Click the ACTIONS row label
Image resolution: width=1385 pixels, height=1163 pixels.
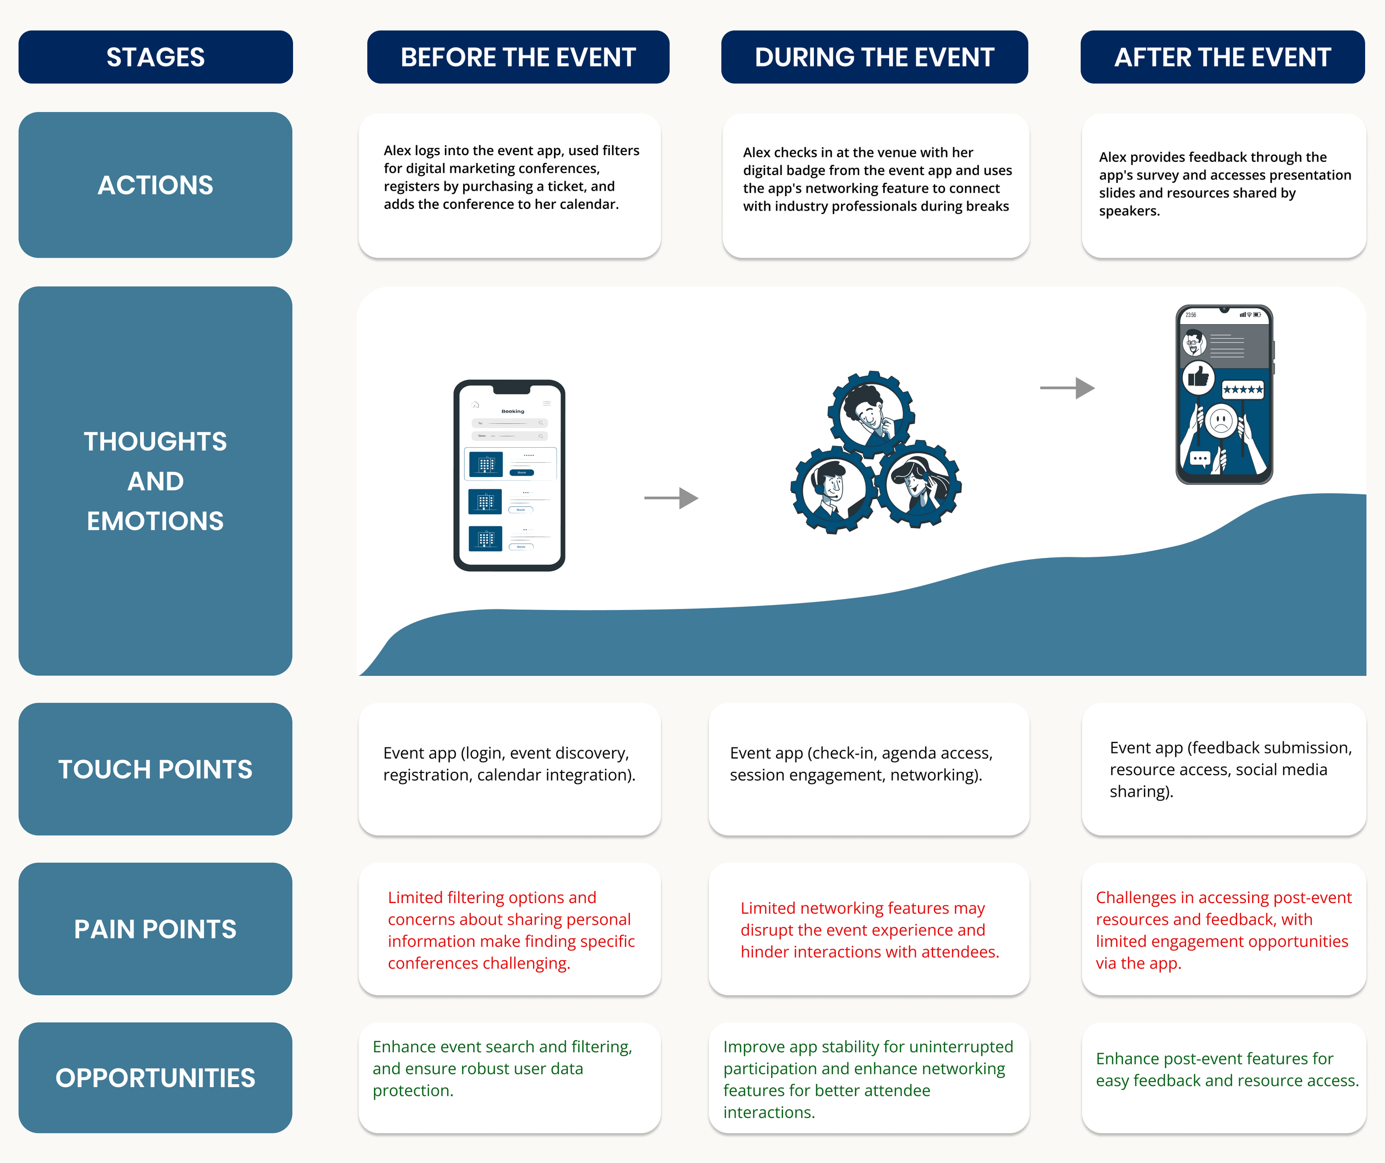155,185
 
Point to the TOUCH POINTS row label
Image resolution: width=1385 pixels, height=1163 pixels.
155,769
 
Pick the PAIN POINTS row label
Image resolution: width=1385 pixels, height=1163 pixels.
155,929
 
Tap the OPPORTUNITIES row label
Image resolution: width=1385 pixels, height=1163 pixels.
155,1078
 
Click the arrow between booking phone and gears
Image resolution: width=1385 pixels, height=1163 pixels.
671,498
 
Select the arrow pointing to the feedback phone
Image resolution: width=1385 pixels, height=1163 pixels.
1066,388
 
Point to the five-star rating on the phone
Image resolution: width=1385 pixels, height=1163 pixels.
1243,390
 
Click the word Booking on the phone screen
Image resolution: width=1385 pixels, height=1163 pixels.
512,411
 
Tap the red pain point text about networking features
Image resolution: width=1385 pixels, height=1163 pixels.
869,930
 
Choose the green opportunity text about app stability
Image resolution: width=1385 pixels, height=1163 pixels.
868,1079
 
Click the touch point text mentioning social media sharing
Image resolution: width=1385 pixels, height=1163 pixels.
1230,769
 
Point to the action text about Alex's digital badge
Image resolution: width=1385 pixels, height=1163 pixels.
876,180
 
